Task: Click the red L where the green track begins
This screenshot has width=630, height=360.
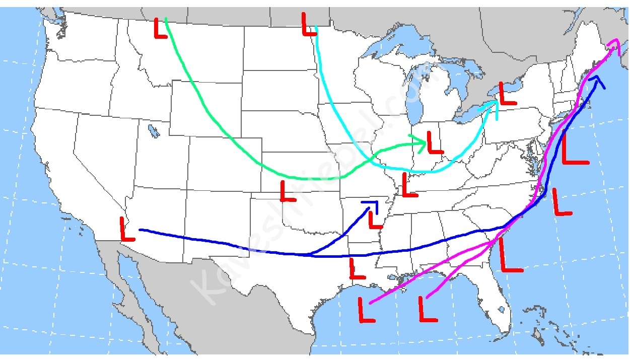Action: coord(160,28)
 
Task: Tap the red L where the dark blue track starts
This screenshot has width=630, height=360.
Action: coord(127,229)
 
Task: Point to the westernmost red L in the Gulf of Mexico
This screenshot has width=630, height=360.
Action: coord(366,310)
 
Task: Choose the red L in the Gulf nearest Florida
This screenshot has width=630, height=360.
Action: coord(427,309)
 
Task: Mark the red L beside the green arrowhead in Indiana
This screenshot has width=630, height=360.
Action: coord(434,143)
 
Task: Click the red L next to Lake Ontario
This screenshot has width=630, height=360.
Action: coord(506,94)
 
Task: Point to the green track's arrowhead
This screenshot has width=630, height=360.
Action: coord(423,142)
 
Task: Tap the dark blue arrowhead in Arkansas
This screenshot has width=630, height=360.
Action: coord(373,204)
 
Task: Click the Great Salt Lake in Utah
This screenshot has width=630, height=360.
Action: coord(153,130)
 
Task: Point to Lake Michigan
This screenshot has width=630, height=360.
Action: coord(416,101)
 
